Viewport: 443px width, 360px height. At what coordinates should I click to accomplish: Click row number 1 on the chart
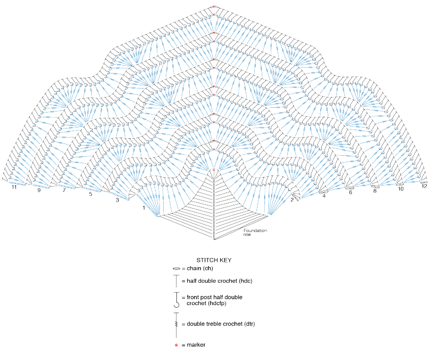pos(143,207)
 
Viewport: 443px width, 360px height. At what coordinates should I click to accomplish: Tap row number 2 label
pos(293,200)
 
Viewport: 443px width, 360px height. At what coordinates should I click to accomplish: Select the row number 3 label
pos(117,201)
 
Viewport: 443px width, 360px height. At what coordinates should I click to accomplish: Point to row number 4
pos(324,196)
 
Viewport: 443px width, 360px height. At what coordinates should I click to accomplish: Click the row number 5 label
pos(91,194)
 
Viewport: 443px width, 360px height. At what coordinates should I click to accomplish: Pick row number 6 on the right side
pos(350,193)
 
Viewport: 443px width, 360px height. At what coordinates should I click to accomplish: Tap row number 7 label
pos(64,190)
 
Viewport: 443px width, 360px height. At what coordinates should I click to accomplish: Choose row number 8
pos(375,190)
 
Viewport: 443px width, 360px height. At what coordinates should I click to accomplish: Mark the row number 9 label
pos(38,189)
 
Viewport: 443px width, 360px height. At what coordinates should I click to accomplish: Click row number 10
pos(400,189)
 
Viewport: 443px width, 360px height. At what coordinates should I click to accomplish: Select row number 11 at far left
pos(14,187)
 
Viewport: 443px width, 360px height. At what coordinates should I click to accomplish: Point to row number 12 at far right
pos(424,187)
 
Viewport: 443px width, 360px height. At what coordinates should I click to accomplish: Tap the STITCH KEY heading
pos(214,260)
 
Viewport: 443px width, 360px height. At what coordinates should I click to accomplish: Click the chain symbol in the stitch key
pos(176,269)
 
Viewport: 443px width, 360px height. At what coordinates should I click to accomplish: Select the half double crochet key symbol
pos(176,281)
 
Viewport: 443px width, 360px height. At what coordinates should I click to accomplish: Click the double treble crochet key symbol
pos(176,324)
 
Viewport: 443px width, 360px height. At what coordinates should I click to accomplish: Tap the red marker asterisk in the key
pos(176,345)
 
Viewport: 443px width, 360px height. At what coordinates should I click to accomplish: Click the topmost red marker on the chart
pos(213,6)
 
